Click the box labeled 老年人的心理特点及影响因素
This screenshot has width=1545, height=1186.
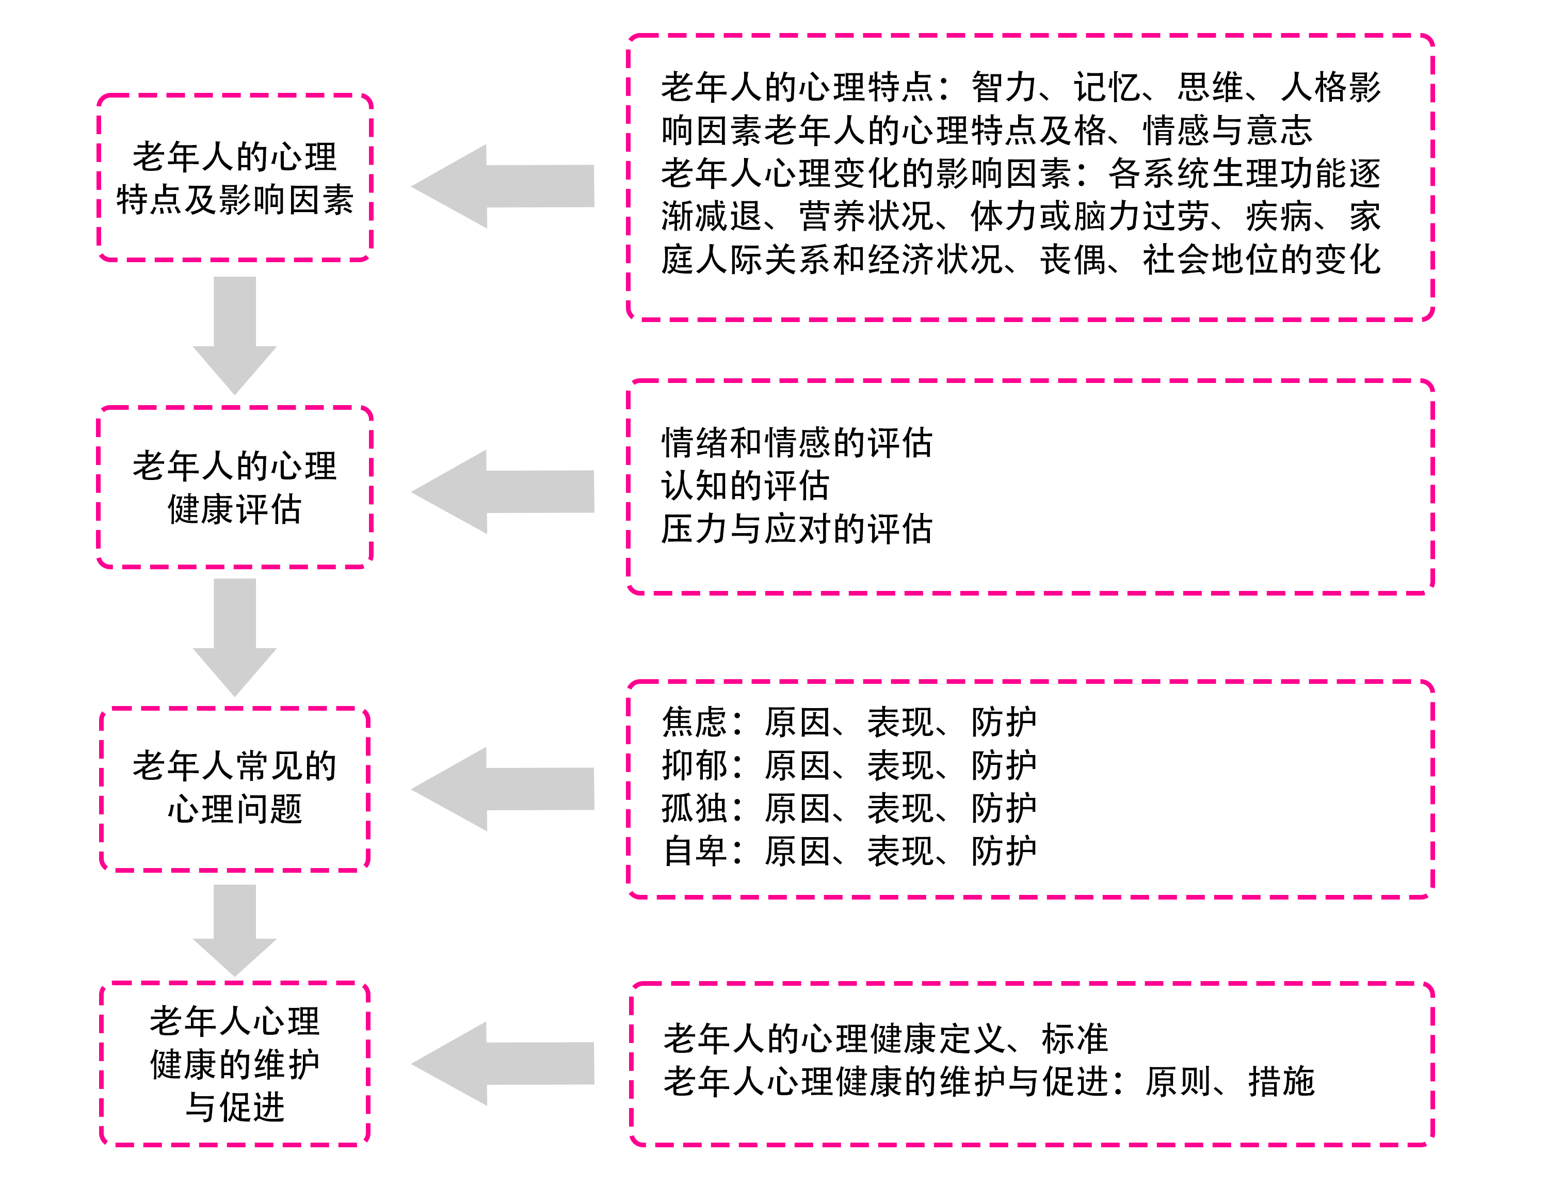tap(234, 178)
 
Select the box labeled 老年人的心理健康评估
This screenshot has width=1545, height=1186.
tap(234, 487)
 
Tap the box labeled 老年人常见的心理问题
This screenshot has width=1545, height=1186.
tap(234, 788)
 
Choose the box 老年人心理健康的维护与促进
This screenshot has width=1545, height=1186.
tap(234, 1063)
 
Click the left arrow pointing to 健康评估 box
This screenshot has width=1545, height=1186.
tap(503, 491)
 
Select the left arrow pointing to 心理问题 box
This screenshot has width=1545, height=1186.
tap(503, 789)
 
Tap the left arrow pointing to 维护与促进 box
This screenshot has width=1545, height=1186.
tap(503, 1063)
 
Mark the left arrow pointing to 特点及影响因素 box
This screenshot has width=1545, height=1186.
tap(503, 186)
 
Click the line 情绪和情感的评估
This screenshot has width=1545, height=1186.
tap(796, 443)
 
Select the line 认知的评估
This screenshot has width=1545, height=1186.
tap(745, 486)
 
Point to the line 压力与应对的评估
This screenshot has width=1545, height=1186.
tap(796, 529)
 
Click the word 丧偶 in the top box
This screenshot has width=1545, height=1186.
tap(1072, 260)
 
